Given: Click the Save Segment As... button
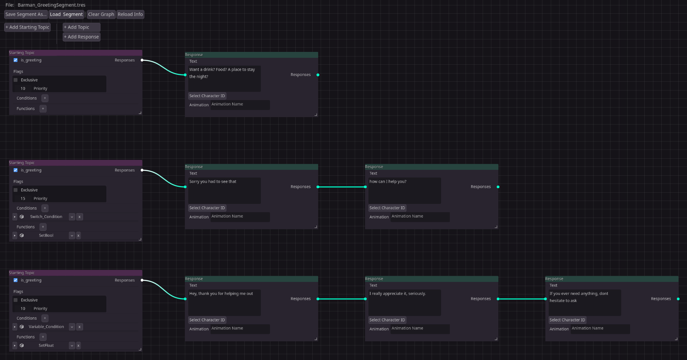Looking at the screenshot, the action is tap(26, 15).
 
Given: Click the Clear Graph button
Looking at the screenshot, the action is tap(101, 15).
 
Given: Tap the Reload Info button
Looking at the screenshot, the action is tap(130, 15).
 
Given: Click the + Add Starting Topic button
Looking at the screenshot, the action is tap(27, 27).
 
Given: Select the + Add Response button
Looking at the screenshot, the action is tap(81, 37).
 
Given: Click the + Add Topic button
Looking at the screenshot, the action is tap(81, 27).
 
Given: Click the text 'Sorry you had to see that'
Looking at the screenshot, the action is tap(213, 181).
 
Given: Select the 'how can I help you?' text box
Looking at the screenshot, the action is tap(405, 191).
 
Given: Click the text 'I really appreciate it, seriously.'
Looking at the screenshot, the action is tap(397, 294).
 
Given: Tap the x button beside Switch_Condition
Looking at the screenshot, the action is tap(79, 217).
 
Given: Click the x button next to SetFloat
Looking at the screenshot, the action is tap(79, 345).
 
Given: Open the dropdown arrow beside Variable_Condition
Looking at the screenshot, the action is tap(72, 327).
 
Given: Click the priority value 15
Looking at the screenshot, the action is tap(23, 199).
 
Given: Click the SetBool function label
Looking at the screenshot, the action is tap(46, 235).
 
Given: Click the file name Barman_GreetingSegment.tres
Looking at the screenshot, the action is tap(52, 5).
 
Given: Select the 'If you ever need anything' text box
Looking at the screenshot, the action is tap(584, 303).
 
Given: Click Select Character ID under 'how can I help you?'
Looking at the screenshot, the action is tap(387, 208).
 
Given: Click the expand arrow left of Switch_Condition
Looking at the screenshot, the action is tap(15, 217).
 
